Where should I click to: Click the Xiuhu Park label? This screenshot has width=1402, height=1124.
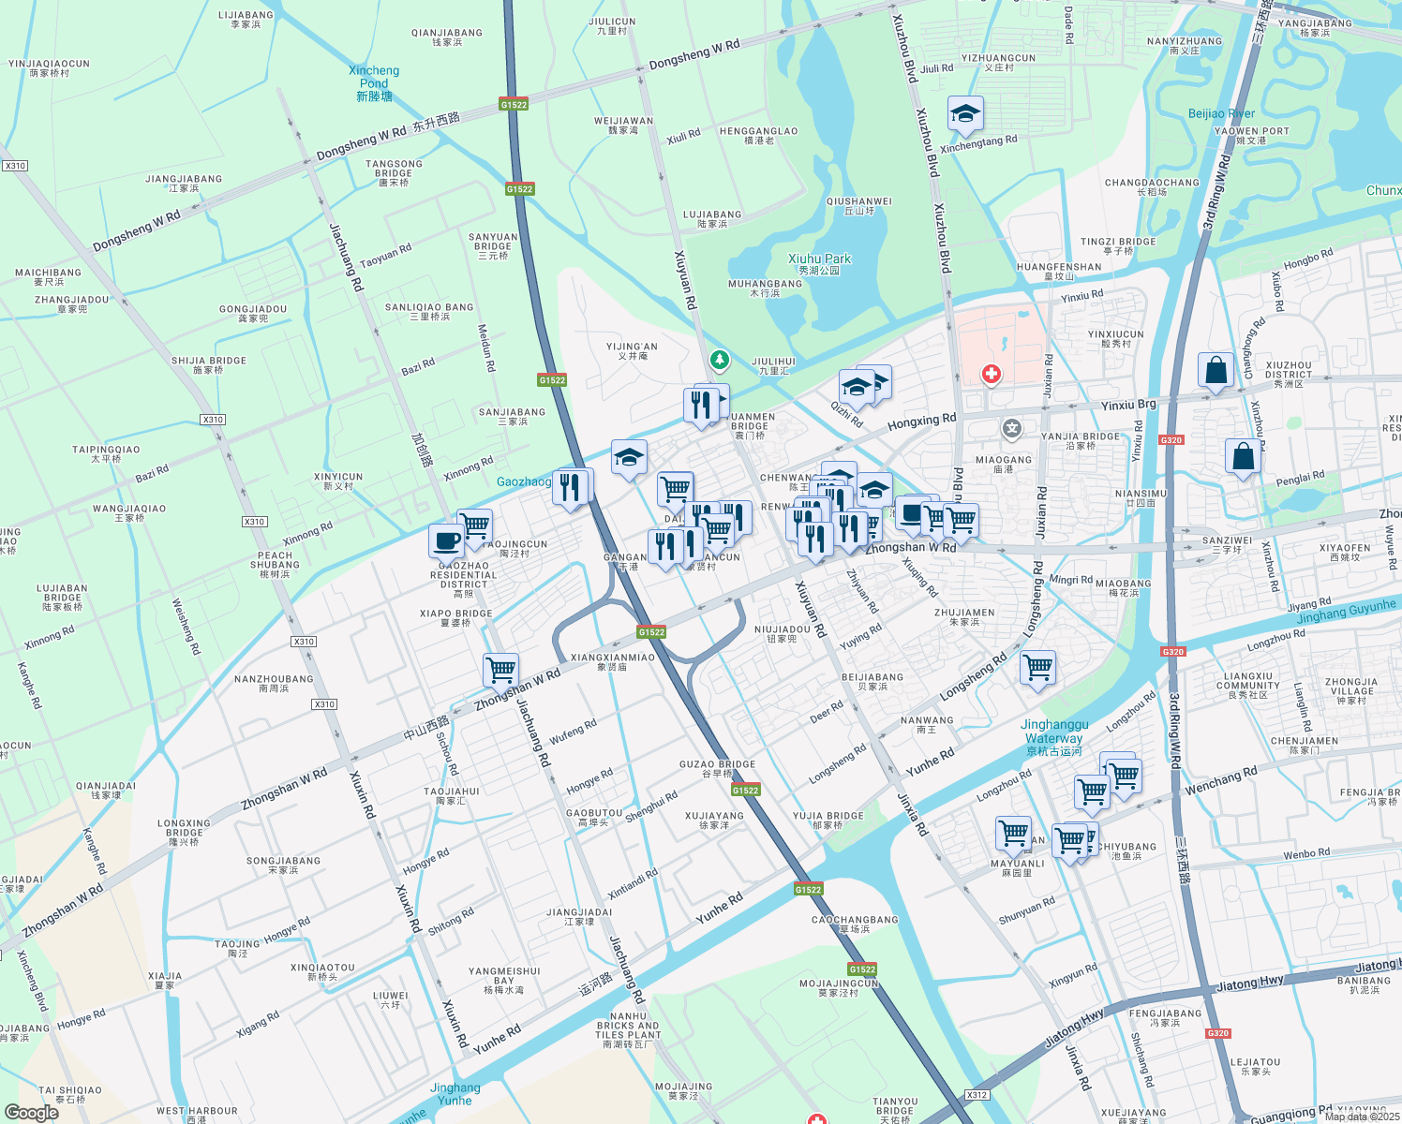tap(819, 263)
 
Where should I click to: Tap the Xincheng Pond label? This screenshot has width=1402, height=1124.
tap(374, 83)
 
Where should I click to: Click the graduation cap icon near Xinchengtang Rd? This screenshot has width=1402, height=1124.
tap(965, 115)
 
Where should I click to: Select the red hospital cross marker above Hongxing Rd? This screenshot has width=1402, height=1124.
tap(991, 375)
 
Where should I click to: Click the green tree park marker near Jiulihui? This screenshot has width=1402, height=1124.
tap(719, 360)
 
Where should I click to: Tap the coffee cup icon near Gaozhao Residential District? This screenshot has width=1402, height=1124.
tap(447, 541)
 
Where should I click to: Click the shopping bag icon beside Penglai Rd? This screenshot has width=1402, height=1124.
tap(1243, 457)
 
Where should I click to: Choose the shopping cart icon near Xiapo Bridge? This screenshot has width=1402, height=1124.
tap(501, 670)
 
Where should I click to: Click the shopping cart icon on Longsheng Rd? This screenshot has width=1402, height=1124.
tap(1037, 668)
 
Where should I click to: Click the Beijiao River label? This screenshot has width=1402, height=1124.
tap(1220, 113)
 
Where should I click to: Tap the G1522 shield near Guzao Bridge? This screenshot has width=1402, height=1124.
tap(745, 791)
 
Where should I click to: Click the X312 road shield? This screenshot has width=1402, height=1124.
tap(977, 1094)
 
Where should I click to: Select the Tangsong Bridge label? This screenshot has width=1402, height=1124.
tap(394, 173)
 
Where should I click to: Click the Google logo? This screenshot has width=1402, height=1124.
tap(32, 1113)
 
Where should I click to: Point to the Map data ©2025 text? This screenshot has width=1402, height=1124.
tap(1362, 1117)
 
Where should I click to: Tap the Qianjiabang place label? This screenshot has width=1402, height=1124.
tap(447, 37)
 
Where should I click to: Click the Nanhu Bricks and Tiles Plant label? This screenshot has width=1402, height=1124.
tap(628, 1029)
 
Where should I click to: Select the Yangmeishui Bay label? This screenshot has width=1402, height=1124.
tap(504, 980)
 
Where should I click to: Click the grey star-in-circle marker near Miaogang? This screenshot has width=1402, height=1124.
tap(1011, 429)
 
